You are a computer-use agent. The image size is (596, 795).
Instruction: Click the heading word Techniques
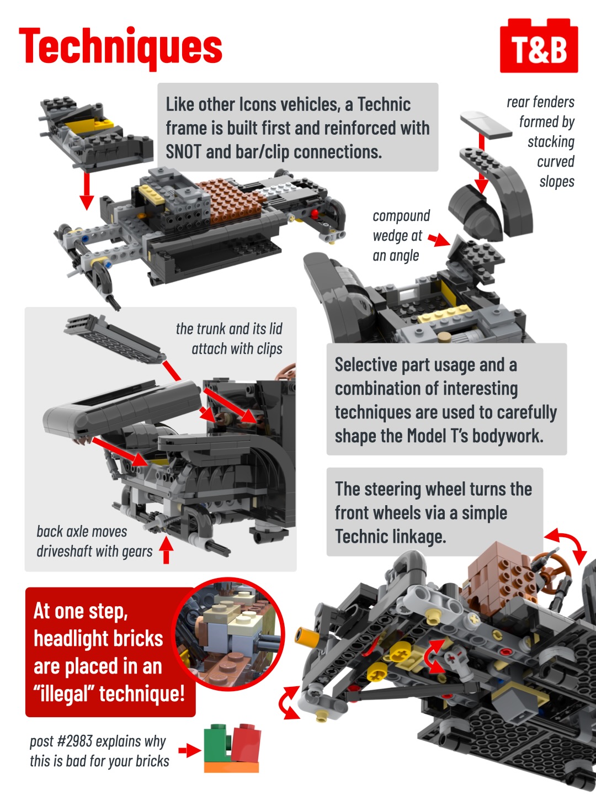(x=120, y=47)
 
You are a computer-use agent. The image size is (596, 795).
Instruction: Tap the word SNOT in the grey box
(x=183, y=152)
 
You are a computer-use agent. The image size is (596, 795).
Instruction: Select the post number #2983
(x=75, y=741)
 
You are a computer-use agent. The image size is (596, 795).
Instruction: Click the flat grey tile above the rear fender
(x=486, y=124)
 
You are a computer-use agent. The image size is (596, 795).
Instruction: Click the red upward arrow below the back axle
(x=166, y=550)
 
